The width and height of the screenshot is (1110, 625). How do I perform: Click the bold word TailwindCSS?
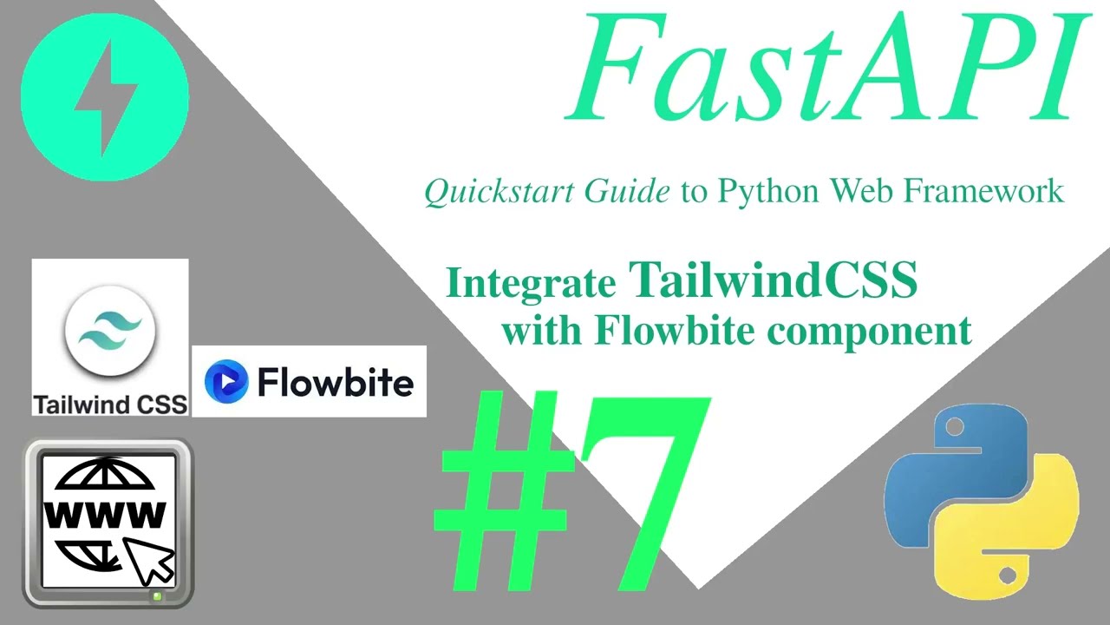pyautogui.click(x=773, y=280)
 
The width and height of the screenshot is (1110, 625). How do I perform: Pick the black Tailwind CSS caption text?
pyautogui.click(x=110, y=405)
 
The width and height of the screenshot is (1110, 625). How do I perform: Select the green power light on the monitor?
pyautogui.click(x=157, y=596)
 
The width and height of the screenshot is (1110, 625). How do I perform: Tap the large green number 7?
pyautogui.click(x=642, y=486)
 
